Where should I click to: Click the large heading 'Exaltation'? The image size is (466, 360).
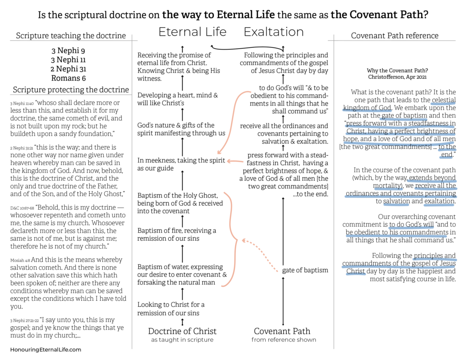(274, 32)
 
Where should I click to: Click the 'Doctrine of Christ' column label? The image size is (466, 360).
(182, 331)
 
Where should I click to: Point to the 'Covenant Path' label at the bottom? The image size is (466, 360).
(282, 331)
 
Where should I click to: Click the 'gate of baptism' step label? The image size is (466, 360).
(305, 270)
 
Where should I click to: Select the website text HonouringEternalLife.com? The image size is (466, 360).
(46, 350)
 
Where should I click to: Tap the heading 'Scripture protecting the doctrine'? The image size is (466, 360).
(71, 90)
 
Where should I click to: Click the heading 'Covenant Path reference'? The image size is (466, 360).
(395, 35)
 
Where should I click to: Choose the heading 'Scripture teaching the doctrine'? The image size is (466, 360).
(71, 35)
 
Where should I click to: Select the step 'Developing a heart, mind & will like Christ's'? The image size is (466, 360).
(177, 99)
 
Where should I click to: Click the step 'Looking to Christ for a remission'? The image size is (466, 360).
(171, 309)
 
